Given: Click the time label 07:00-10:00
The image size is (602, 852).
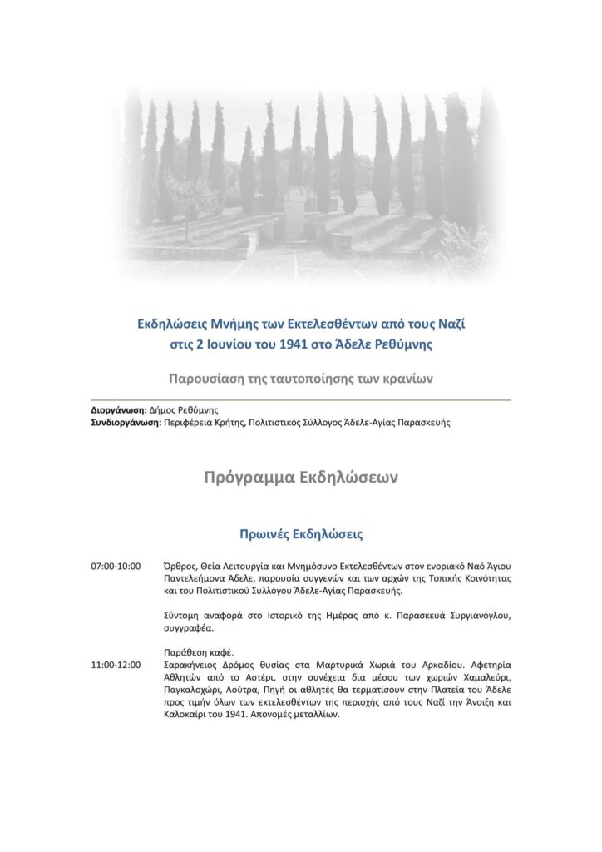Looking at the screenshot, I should coord(116,566).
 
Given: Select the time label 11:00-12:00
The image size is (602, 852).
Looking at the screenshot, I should coord(116,665).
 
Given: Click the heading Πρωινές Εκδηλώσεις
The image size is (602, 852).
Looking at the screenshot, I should coord(301,532).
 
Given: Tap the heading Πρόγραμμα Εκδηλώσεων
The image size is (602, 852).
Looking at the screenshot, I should coord(301,478).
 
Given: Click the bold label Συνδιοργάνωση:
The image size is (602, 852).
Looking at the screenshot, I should coord(126,423).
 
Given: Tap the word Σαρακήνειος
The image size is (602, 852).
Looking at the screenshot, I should coord(195,665).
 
